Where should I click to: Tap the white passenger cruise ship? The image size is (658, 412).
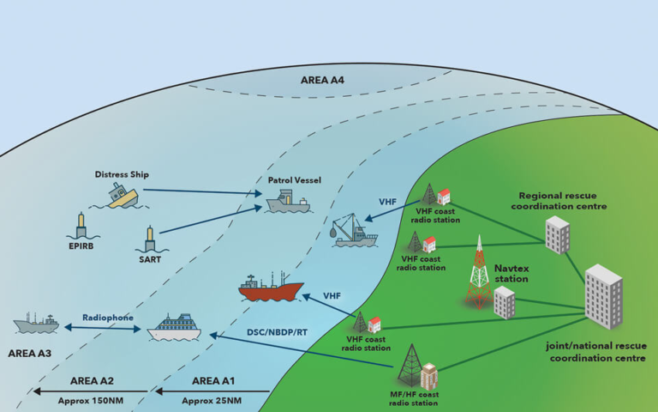[x=179, y=327]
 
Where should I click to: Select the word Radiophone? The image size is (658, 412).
[x=108, y=317]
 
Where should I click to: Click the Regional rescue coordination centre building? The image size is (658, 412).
[x=556, y=234]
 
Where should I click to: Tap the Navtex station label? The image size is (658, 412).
[x=511, y=273]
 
